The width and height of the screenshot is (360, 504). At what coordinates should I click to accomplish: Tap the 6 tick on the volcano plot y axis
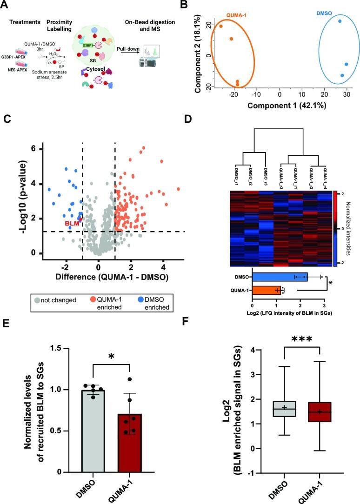(34, 149)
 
